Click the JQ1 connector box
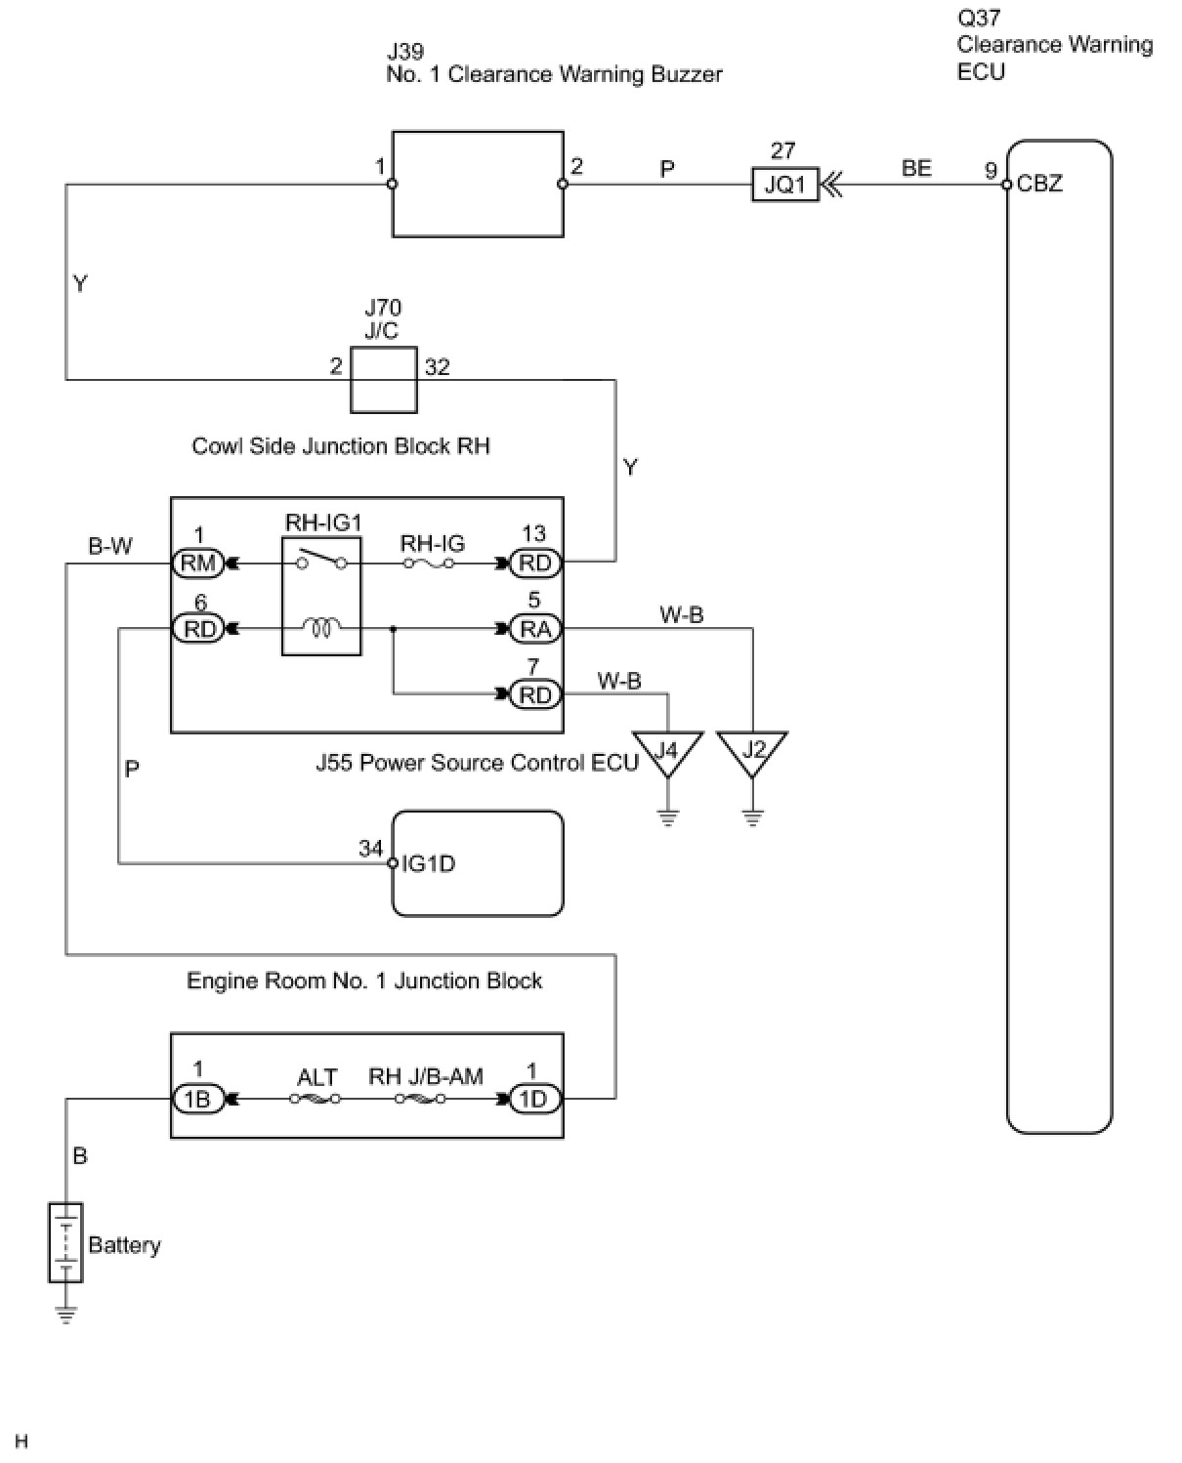coord(784,185)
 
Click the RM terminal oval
coord(198,564)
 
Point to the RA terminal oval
coord(535,630)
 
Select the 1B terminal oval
coord(198,1100)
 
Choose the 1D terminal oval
coord(533,1100)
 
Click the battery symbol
coord(65,1242)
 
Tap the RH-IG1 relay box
coord(321,596)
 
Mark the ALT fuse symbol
coord(316,1100)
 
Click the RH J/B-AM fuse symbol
coord(421,1100)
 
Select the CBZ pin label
coord(1039,184)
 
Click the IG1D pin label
coord(429,864)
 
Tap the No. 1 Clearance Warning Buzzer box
coord(478,185)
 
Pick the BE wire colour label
coord(916,168)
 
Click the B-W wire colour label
coord(110,546)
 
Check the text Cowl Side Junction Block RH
coord(340,446)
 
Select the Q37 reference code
coord(979,18)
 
